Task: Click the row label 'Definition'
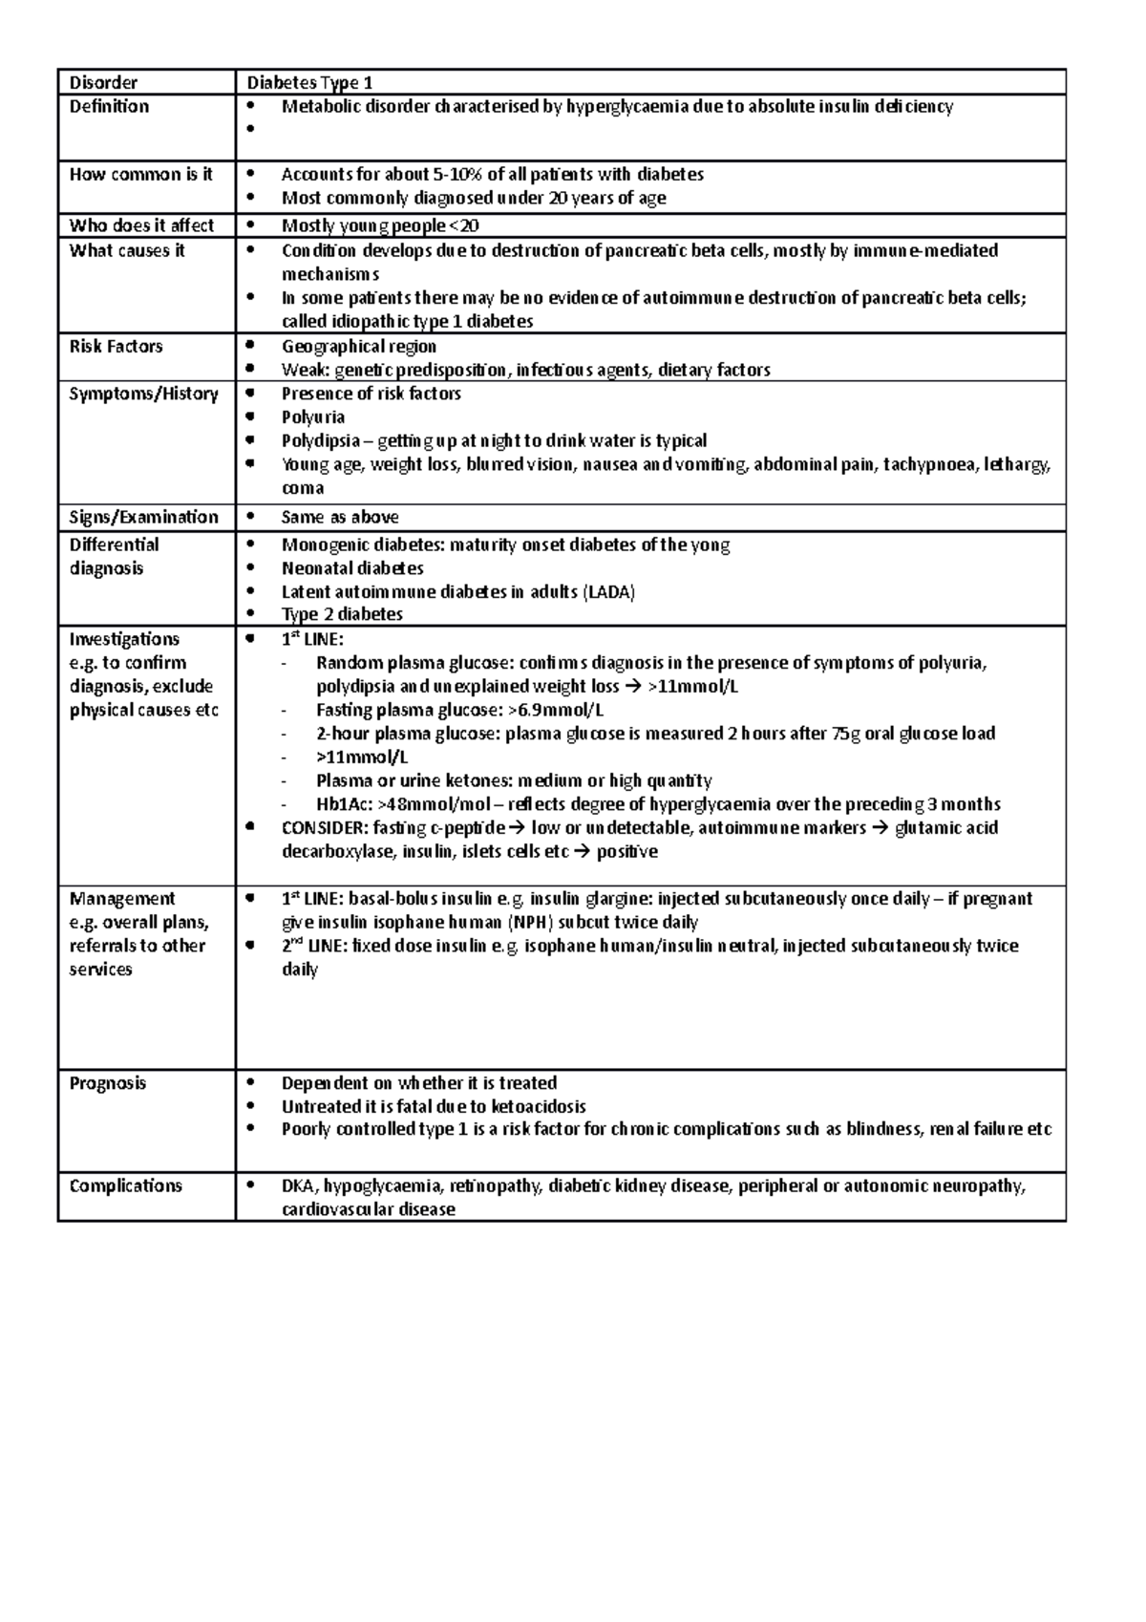point(109,107)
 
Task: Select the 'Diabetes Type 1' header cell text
point(303,83)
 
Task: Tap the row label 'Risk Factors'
point(116,347)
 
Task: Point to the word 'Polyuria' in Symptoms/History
point(313,417)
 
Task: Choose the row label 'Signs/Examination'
point(143,518)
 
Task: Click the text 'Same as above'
point(340,518)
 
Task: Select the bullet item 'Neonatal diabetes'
point(352,568)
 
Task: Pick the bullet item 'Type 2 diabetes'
point(342,615)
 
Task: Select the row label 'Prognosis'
point(108,1083)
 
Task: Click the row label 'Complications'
point(125,1185)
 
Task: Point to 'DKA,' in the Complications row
point(300,1186)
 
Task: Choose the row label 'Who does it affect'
point(141,226)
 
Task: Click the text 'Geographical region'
point(359,347)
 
